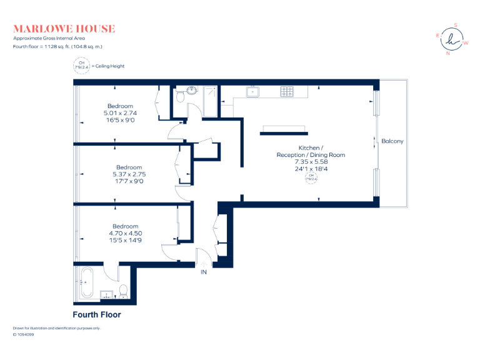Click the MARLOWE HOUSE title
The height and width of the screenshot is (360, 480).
[64, 28]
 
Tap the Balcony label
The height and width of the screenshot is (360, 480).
[392, 141]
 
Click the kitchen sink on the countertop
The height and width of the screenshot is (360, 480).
[254, 92]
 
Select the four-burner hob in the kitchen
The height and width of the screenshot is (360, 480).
[286, 92]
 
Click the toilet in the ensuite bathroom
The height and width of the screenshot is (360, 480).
[123, 290]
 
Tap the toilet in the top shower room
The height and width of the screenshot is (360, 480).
[180, 96]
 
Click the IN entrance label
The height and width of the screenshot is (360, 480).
[203, 272]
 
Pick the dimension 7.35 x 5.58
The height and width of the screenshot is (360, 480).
[311, 161]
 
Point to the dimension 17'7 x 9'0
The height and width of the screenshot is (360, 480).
[129, 181]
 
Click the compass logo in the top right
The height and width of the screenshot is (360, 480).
[451, 39]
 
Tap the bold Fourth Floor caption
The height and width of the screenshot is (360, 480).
[97, 315]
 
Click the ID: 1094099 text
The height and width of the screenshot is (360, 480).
[23, 334]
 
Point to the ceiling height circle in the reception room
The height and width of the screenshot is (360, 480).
[311, 177]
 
